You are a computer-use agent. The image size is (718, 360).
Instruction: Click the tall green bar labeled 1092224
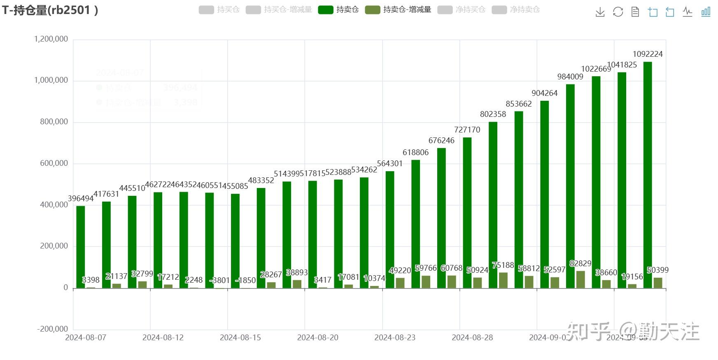tap(647, 175)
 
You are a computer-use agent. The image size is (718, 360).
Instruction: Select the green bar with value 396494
tap(81, 247)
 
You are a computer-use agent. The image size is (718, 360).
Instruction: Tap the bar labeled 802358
tap(493, 205)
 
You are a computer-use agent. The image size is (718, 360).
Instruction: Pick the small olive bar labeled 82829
tap(580, 279)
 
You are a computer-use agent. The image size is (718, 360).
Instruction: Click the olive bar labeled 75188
tap(503, 280)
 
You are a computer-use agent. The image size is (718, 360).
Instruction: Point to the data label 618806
tap(415, 153)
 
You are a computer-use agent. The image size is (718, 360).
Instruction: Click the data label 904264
tap(544, 93)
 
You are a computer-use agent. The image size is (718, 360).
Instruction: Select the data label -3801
tap(219, 281)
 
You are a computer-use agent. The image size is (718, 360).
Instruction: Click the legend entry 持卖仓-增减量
tap(398, 9)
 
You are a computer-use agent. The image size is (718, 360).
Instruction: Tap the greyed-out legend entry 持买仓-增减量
tap(279, 9)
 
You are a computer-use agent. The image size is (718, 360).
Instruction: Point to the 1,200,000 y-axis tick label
tap(51, 39)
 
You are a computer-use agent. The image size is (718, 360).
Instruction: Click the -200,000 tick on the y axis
tap(52, 329)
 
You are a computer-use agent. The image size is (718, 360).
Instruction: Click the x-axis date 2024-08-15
tap(240, 338)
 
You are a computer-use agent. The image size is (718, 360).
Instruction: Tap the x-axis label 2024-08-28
tap(472, 338)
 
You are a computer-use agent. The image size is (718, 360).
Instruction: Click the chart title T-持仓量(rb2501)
tap(50, 10)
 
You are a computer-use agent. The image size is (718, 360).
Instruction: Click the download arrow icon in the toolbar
tap(600, 12)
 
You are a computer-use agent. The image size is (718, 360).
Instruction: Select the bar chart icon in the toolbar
tap(706, 12)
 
